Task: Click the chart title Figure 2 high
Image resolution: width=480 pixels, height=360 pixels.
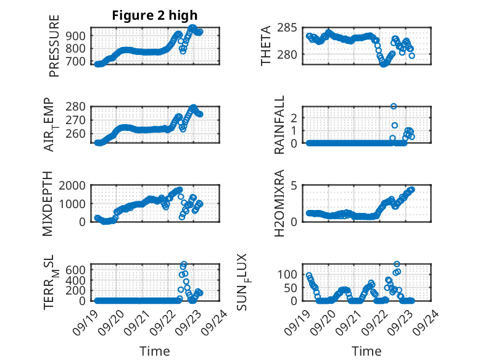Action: tap(155, 15)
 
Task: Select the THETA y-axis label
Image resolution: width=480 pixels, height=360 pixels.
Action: tap(266, 46)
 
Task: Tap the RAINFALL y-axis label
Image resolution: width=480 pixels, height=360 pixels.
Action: tap(279, 125)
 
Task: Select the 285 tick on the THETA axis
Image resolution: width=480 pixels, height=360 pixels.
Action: tap(291, 28)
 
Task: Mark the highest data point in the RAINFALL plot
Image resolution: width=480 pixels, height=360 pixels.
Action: tap(394, 107)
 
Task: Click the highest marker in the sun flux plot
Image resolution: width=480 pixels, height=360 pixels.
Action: tap(397, 264)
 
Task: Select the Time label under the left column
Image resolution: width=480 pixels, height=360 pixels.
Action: tap(155, 351)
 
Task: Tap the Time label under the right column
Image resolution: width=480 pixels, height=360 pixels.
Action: tap(366, 351)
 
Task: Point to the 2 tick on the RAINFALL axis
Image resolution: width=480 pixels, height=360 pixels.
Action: tap(296, 117)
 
